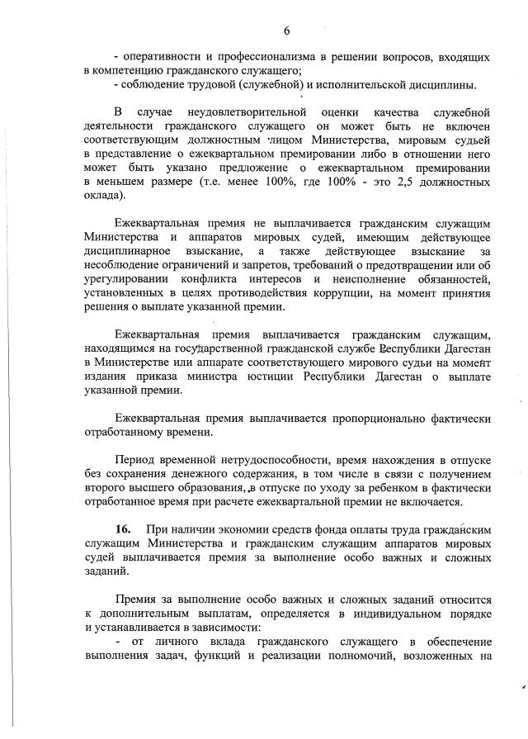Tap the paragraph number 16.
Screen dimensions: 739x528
point(125,528)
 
